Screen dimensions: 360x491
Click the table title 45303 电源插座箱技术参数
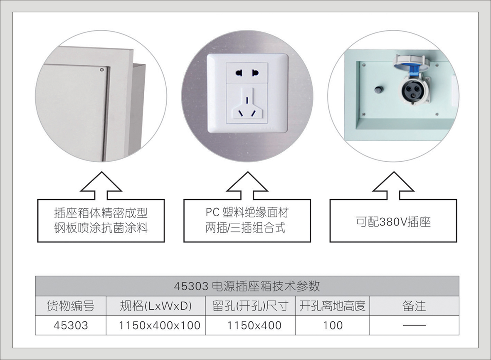pyautogui.click(x=247, y=286)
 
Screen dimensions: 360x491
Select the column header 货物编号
pyautogui.click(x=70, y=306)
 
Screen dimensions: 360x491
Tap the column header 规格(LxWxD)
pyautogui.click(x=155, y=306)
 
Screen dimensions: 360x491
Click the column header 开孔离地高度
pyautogui.click(x=332, y=306)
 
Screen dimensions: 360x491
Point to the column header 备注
pyautogui.click(x=414, y=306)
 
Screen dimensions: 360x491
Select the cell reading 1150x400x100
pyautogui.click(x=160, y=325)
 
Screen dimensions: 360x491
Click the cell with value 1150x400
pyautogui.click(x=254, y=325)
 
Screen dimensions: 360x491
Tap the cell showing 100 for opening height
pyautogui.click(x=333, y=325)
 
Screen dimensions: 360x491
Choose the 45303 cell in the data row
pyautogui.click(x=71, y=325)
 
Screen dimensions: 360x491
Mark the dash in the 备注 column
pyautogui.click(x=414, y=325)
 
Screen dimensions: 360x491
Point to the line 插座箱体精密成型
pyautogui.click(x=101, y=214)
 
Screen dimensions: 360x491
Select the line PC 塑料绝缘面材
pyautogui.click(x=247, y=213)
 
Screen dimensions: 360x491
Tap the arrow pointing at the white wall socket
pyautogui.click(x=247, y=186)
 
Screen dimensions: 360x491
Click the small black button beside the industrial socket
pyautogui.click(x=379, y=89)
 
